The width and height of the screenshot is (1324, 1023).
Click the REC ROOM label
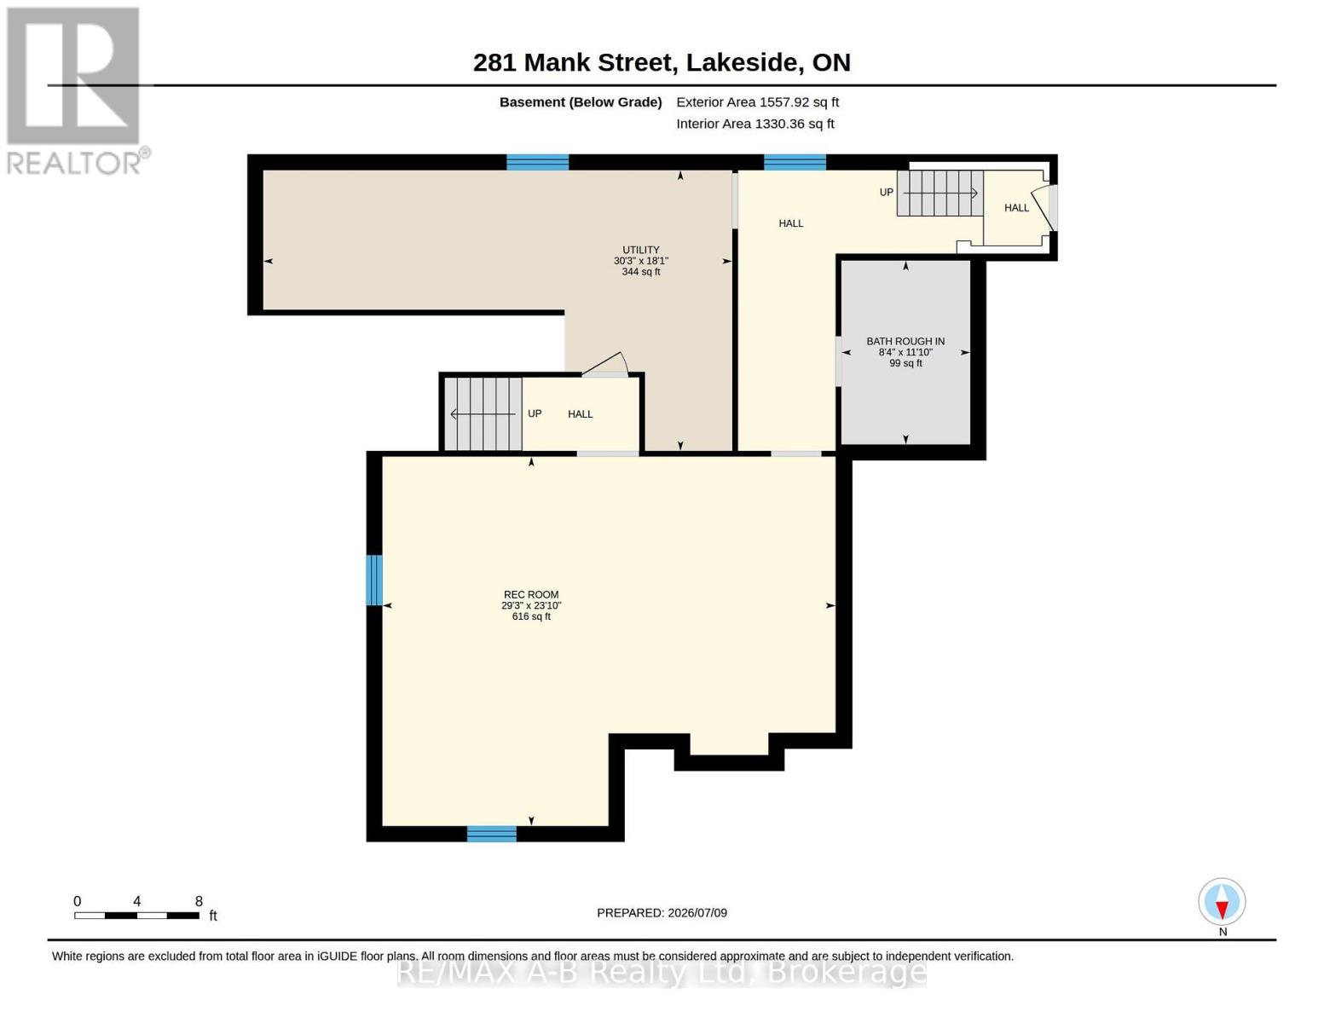[530, 594]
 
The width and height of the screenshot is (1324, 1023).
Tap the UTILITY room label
[640, 250]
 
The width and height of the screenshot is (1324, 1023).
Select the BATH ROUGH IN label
[905, 341]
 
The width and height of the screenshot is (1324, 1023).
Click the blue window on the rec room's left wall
[374, 580]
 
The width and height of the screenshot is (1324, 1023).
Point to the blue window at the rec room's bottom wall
[492, 833]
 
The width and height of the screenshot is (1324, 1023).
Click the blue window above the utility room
[537, 162]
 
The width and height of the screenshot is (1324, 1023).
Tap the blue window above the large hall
[795, 162]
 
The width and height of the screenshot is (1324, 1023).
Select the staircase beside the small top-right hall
[940, 194]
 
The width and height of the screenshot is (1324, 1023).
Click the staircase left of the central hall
[483, 414]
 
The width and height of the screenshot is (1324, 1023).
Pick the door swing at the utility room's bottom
[605, 364]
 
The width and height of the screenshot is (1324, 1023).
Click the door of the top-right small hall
[1049, 208]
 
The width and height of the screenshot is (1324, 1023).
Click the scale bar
[137, 915]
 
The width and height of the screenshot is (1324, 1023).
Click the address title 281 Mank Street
[572, 62]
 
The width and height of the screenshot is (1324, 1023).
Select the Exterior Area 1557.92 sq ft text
[757, 102]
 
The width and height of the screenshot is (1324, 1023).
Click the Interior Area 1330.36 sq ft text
[755, 124]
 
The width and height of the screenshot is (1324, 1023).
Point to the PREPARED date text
[662, 912]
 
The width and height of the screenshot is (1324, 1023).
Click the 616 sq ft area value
[530, 616]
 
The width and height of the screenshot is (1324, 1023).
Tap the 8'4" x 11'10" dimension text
[905, 352]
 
